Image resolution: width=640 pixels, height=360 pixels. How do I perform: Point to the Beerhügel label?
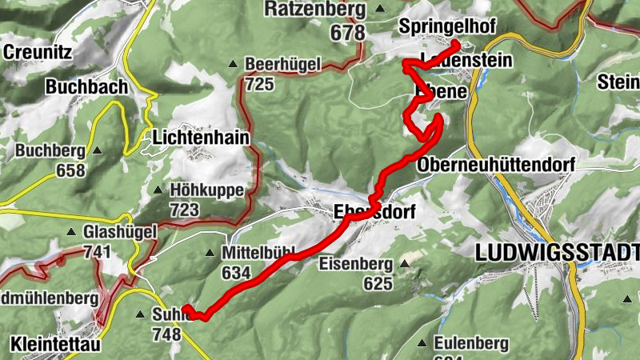click(283, 64)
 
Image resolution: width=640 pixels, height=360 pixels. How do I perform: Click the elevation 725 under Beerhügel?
click(260, 83)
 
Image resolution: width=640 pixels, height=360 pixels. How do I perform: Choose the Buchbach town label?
click(86, 86)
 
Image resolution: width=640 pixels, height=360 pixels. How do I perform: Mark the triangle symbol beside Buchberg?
click(98, 150)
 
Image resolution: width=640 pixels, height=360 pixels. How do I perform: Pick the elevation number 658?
click(71, 170)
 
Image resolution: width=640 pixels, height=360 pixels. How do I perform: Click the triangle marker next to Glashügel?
click(73, 233)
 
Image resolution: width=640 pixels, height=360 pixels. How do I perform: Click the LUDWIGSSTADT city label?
click(556, 253)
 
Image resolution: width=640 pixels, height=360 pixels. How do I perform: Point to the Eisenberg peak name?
click(355, 263)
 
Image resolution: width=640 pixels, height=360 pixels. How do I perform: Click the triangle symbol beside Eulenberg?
click(422, 343)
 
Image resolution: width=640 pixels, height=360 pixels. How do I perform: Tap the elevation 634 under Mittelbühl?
click(238, 273)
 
